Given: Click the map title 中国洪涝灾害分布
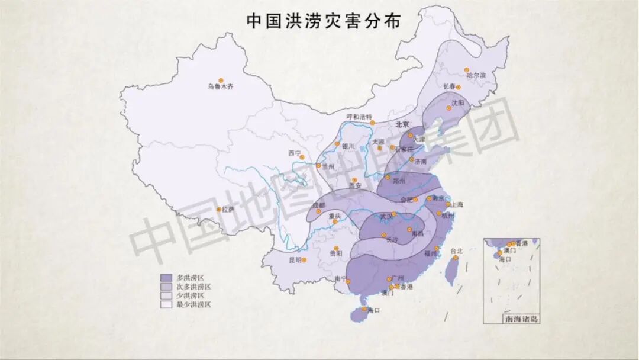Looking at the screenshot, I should (x=322, y=20).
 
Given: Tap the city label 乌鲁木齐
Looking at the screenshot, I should (x=220, y=87).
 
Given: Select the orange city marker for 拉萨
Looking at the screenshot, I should (x=218, y=209).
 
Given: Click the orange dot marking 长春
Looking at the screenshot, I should (x=458, y=87).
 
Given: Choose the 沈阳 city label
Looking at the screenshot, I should (x=457, y=102).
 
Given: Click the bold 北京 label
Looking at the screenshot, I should (x=402, y=124).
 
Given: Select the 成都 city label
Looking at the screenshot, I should (x=318, y=205).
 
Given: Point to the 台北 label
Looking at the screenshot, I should (x=457, y=250).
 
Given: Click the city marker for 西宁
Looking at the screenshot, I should (x=298, y=158).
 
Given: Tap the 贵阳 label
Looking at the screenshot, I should (x=335, y=253).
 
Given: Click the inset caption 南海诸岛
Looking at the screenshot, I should (x=521, y=319).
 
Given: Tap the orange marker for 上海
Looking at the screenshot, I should (x=448, y=205).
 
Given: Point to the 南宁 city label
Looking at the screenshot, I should (x=340, y=279).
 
